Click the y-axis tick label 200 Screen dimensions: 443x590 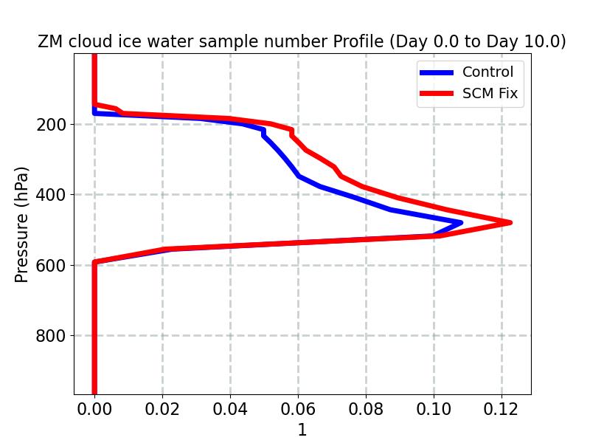[51, 125]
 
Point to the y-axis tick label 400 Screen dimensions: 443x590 [51, 195]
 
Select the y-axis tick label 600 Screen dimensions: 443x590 [51, 265]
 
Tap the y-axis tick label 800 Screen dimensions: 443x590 [51, 336]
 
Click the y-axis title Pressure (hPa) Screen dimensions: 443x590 [22, 224]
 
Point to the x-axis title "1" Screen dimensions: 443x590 [302, 430]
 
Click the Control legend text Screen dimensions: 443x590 [487, 72]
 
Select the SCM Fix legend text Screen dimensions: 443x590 [490, 94]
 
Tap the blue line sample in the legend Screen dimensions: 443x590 [436, 72]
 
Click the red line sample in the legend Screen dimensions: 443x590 [436, 94]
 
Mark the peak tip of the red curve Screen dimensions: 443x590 [510, 222]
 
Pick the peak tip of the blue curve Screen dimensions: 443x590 [461, 222]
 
